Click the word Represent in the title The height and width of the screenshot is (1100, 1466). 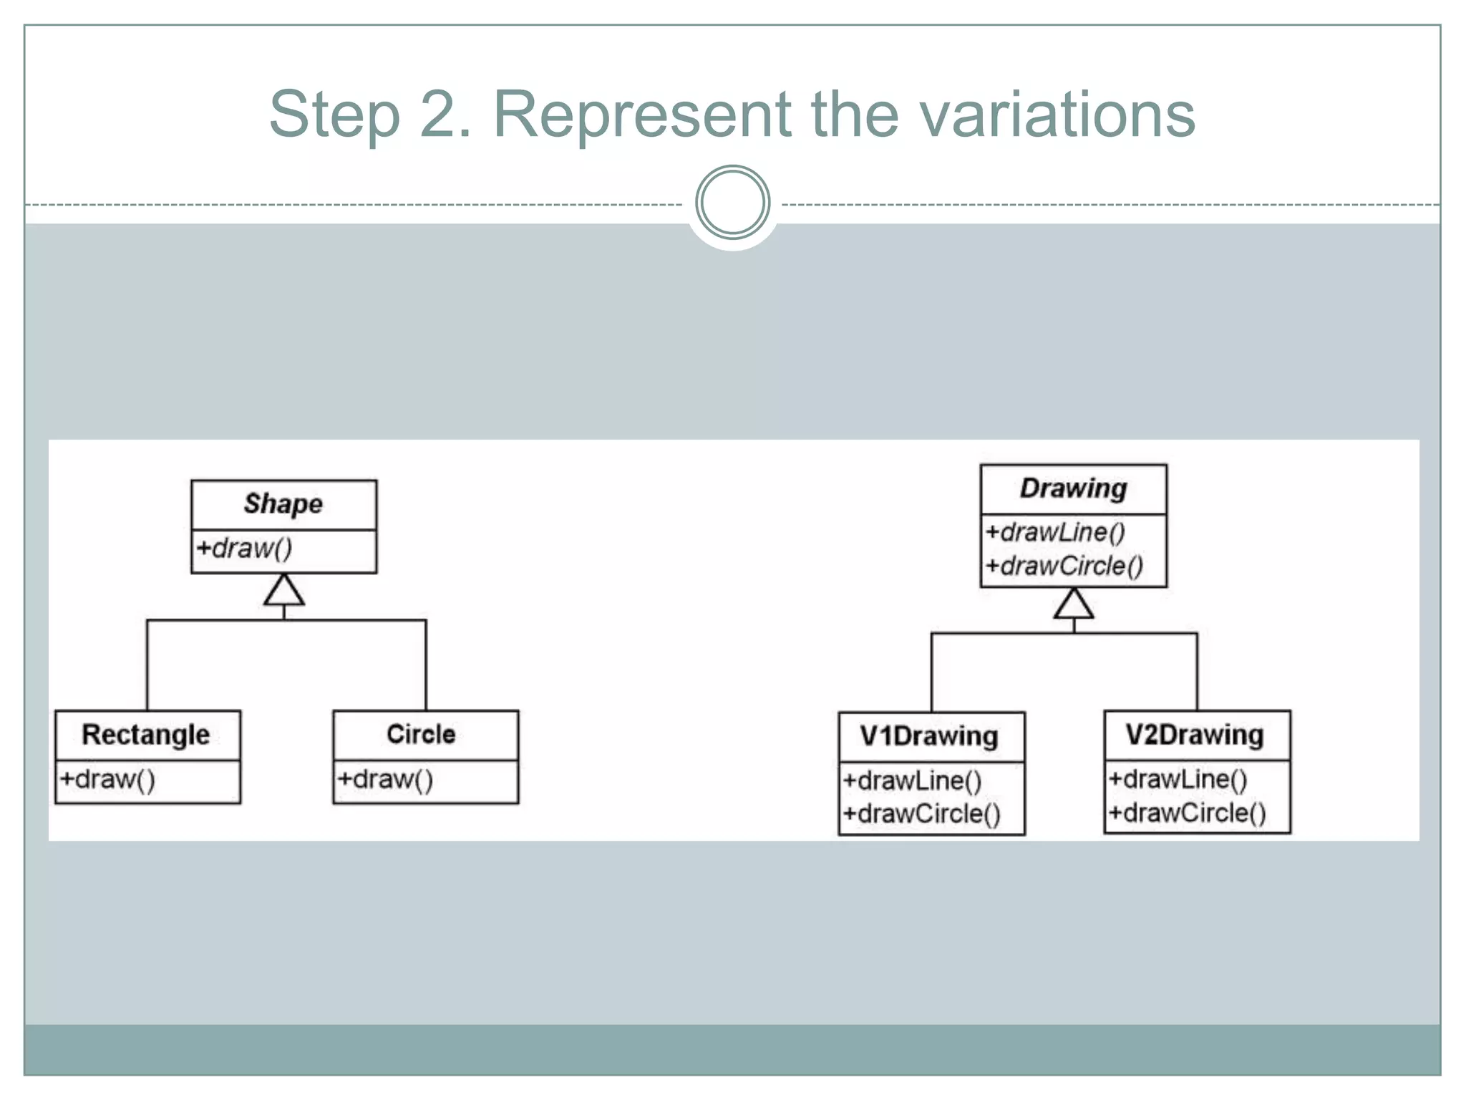click(642, 115)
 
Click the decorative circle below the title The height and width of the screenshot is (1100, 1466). click(732, 203)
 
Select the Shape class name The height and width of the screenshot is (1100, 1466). click(283, 504)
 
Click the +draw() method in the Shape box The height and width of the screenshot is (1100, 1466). click(244, 549)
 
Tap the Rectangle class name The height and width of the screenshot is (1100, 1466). click(146, 735)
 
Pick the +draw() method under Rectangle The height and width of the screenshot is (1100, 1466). click(107, 779)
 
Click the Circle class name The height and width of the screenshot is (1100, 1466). click(421, 735)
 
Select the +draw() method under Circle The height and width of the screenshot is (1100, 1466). click(385, 779)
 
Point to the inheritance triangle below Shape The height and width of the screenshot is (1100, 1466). click(284, 591)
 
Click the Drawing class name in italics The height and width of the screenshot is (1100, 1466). click(1073, 489)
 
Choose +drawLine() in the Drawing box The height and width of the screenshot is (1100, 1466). click(1055, 532)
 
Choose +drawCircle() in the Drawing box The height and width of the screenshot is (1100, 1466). click(1064, 566)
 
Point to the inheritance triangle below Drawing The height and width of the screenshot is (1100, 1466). click(1074, 604)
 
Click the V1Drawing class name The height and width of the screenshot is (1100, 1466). click(929, 736)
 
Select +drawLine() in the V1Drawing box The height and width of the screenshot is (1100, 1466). click(912, 781)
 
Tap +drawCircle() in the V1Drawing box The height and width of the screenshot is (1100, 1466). click(921, 814)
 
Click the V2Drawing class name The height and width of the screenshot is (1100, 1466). click(1195, 735)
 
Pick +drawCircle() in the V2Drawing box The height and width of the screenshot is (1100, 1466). click(1187, 813)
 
